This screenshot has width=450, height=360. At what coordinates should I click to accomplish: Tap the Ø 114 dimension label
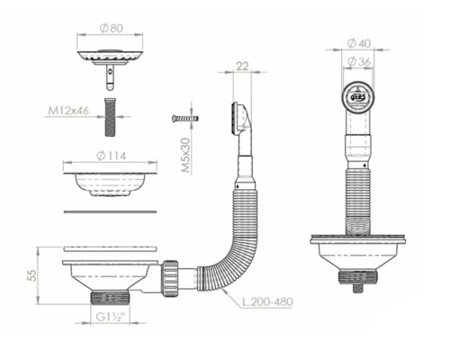point(111,156)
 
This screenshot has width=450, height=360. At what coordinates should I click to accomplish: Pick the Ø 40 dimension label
point(361,42)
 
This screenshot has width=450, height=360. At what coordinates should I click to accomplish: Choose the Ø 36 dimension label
point(361,61)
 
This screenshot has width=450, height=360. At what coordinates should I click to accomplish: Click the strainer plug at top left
point(111,58)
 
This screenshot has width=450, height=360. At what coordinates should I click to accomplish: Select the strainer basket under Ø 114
point(111,183)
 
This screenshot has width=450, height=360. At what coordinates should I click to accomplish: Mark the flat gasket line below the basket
point(111,211)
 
